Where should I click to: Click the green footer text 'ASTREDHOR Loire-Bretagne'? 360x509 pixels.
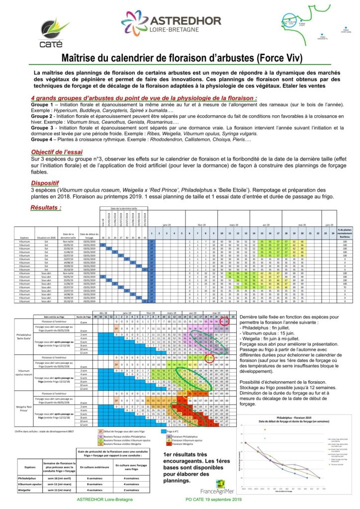[x=105, y=498]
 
